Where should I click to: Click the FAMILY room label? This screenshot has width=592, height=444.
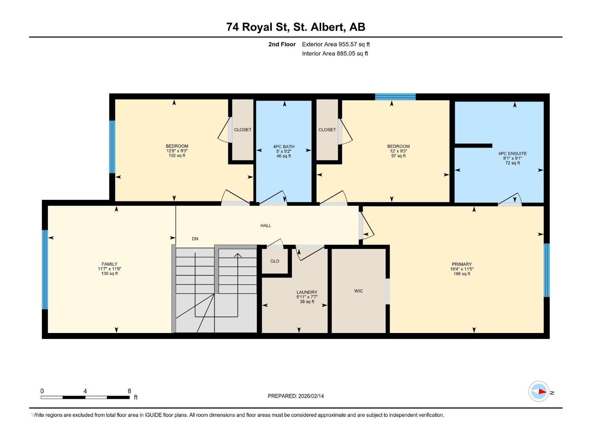[x=110, y=264]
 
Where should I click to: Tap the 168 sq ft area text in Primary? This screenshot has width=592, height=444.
[x=462, y=274]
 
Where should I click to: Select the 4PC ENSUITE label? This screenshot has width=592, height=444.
[x=512, y=154]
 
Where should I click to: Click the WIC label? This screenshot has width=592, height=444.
[x=359, y=291]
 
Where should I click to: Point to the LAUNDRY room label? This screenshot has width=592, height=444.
[x=307, y=292]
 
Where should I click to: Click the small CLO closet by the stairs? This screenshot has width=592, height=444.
[x=275, y=261]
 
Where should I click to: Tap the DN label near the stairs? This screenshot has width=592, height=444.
[x=195, y=239]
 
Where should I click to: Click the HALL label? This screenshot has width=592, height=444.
[x=266, y=225]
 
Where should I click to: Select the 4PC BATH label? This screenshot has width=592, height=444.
[x=284, y=147]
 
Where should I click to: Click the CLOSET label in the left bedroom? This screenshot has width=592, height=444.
[x=242, y=129]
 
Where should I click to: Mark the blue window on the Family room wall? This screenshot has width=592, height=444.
[x=45, y=269]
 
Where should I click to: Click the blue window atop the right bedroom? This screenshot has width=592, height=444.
[x=395, y=97]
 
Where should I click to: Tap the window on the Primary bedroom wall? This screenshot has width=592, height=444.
[x=546, y=270]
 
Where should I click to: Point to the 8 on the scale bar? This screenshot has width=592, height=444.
[x=129, y=391]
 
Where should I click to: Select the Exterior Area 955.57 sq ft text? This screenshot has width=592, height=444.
[x=336, y=44]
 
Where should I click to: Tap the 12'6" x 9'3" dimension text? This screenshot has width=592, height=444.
[x=177, y=151]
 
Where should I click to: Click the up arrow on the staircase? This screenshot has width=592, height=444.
[x=237, y=255]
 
